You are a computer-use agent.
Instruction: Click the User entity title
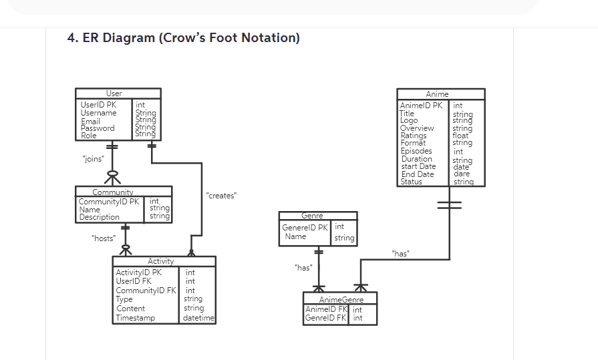point(114,94)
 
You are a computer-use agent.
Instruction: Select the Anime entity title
point(438,94)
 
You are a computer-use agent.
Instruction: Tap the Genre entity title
point(312,216)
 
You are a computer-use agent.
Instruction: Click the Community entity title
point(113,192)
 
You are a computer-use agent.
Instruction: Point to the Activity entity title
point(160,261)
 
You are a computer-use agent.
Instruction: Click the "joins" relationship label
point(92,159)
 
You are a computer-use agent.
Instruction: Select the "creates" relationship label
point(222,196)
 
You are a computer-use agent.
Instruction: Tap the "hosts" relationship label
point(104,238)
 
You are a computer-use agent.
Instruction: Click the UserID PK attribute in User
point(98,105)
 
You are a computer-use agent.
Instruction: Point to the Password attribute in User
point(98,128)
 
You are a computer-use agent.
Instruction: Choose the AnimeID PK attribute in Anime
point(421,106)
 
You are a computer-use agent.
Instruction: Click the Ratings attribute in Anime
point(414,136)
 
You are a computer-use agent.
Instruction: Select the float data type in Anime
point(460,136)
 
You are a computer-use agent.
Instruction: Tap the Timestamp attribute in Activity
point(135,318)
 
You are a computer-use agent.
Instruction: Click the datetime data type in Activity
point(198,318)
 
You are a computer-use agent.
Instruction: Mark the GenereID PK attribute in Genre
point(305,228)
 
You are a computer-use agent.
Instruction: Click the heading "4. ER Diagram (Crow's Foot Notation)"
point(184,38)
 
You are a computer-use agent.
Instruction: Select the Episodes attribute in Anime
point(416,151)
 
